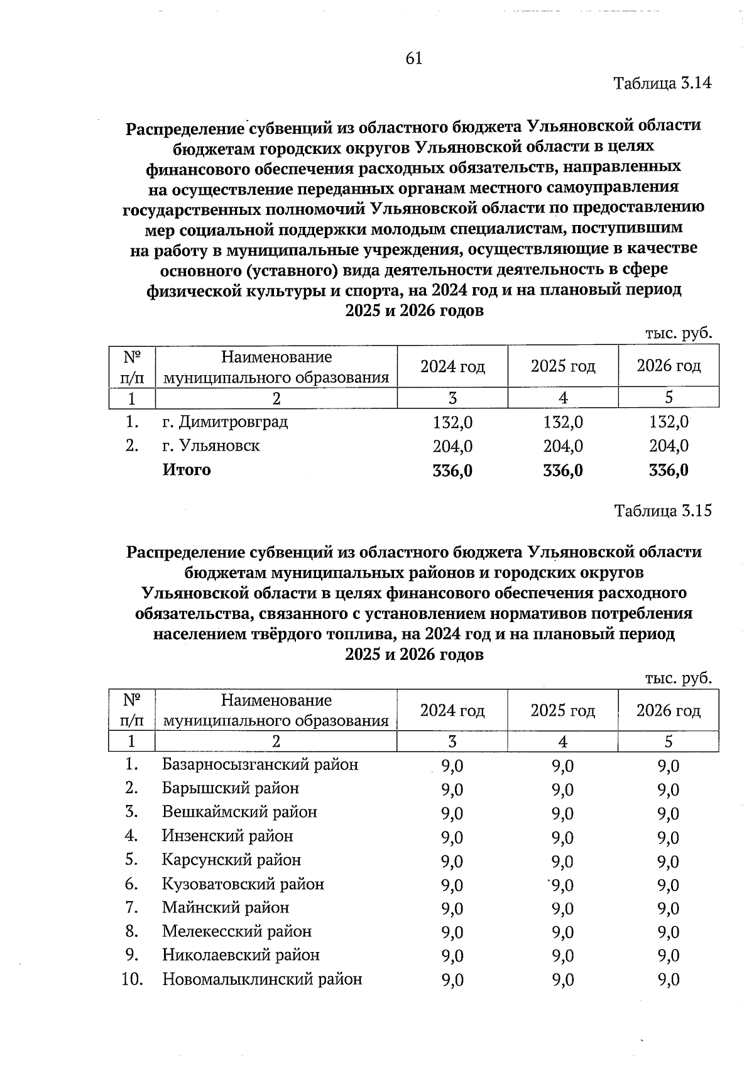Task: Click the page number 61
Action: [414, 58]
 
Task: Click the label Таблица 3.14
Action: [663, 83]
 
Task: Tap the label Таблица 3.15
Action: [663, 510]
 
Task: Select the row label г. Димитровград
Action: [225, 422]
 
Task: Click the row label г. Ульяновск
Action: [211, 446]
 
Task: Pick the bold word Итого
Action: [187, 470]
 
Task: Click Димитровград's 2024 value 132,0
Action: [452, 422]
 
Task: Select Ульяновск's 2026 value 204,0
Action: [669, 446]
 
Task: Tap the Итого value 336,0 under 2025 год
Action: [563, 471]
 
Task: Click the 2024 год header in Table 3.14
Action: [452, 366]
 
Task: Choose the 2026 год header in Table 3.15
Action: [669, 711]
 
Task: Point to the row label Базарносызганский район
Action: [260, 765]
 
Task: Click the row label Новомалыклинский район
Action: [262, 979]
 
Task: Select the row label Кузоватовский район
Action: [243, 884]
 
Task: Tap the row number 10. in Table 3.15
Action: [132, 979]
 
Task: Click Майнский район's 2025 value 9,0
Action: [563, 908]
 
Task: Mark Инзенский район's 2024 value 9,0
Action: [452, 837]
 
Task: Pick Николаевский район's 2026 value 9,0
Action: [669, 956]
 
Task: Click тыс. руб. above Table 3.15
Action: [679, 679]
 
